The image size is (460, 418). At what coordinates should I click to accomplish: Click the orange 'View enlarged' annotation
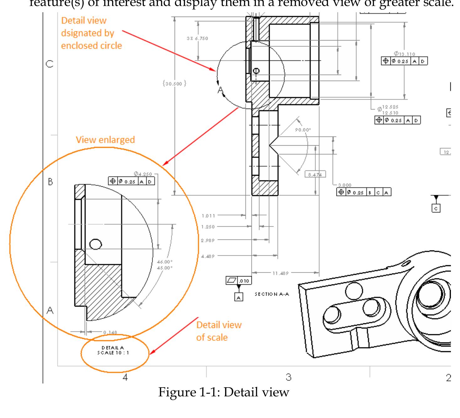(105, 140)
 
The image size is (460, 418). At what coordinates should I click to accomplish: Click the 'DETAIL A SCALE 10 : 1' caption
(113, 350)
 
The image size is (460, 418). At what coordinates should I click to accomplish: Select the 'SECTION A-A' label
(272, 294)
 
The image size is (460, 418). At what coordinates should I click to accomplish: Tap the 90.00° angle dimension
(303, 130)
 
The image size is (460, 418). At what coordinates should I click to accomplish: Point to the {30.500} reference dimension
(174, 83)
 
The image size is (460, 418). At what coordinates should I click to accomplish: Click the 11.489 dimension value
(280, 273)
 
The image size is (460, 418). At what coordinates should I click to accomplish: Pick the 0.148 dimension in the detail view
(110, 332)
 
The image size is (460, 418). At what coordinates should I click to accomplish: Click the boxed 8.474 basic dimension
(315, 174)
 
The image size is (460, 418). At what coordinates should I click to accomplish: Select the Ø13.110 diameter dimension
(404, 54)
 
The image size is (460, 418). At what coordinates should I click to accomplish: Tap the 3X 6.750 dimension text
(197, 38)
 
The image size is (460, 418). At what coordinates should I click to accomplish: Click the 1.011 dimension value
(208, 216)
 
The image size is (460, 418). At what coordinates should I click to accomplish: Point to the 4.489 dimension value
(208, 256)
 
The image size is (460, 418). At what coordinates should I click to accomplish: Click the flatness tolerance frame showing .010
(239, 281)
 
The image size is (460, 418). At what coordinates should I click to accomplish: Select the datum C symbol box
(436, 208)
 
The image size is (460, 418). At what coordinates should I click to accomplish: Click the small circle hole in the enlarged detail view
(96, 244)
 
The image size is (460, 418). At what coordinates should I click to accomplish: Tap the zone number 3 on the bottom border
(288, 377)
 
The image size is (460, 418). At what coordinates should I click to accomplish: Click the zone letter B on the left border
(50, 182)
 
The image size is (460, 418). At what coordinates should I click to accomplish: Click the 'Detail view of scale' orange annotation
(219, 331)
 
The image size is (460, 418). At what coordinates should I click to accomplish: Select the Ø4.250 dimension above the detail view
(143, 174)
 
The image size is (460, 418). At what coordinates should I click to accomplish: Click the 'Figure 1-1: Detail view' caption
(223, 392)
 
